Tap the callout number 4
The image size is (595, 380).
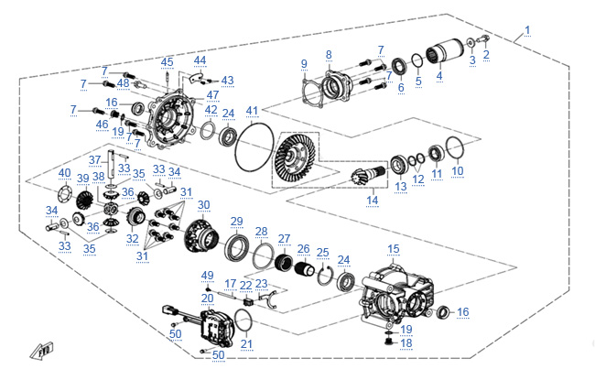pos(438,76)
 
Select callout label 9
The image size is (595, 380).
pos(304,62)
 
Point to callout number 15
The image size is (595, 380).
pos(393,248)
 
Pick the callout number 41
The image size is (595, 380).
pos(253,111)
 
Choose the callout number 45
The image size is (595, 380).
pos(167,62)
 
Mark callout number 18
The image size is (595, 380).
pos(407,343)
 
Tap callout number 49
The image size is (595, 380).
pos(207,275)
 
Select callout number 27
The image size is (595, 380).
pos(284,239)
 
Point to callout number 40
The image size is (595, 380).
pos(64,173)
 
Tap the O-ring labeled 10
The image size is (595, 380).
pos(457,147)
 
